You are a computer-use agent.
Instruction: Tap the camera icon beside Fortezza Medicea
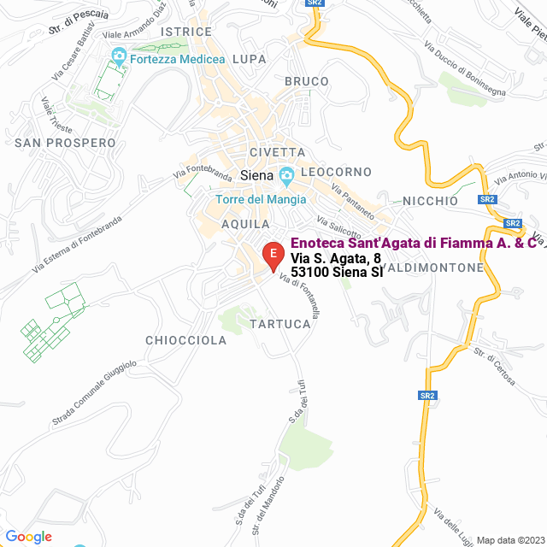tap(119, 58)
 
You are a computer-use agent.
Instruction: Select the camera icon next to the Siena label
tap(286, 176)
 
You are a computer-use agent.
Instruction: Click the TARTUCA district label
tap(280, 324)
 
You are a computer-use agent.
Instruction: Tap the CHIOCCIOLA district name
tap(185, 340)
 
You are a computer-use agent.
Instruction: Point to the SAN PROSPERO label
tap(65, 142)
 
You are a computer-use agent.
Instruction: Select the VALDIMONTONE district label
tap(435, 268)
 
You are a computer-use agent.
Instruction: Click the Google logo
tap(29, 536)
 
